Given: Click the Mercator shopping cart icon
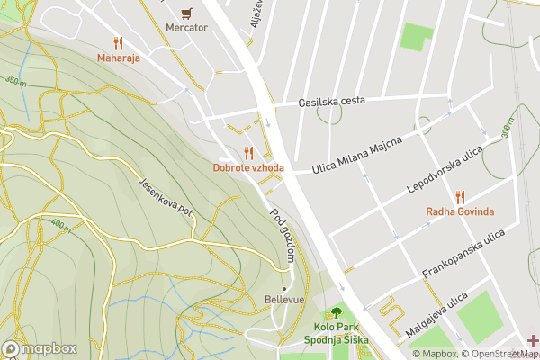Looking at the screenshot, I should (x=186, y=13).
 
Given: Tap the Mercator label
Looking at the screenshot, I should (x=186, y=28).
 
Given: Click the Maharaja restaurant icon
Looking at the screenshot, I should (x=119, y=43).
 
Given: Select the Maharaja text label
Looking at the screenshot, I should (x=119, y=58).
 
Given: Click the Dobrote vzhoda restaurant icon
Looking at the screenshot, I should (x=248, y=153).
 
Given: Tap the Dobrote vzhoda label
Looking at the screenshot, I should (x=248, y=168).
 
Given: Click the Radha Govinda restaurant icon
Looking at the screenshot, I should (x=460, y=196).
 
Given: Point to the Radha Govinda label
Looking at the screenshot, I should (x=460, y=212).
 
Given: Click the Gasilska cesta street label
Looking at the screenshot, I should (x=332, y=101).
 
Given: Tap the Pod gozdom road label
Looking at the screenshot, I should (x=283, y=236).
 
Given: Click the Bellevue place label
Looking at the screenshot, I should (x=284, y=299).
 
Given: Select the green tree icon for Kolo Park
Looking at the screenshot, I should (x=336, y=312).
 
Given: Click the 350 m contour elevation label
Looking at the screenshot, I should (x=16, y=81).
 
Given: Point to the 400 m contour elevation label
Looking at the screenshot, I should (x=61, y=225).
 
